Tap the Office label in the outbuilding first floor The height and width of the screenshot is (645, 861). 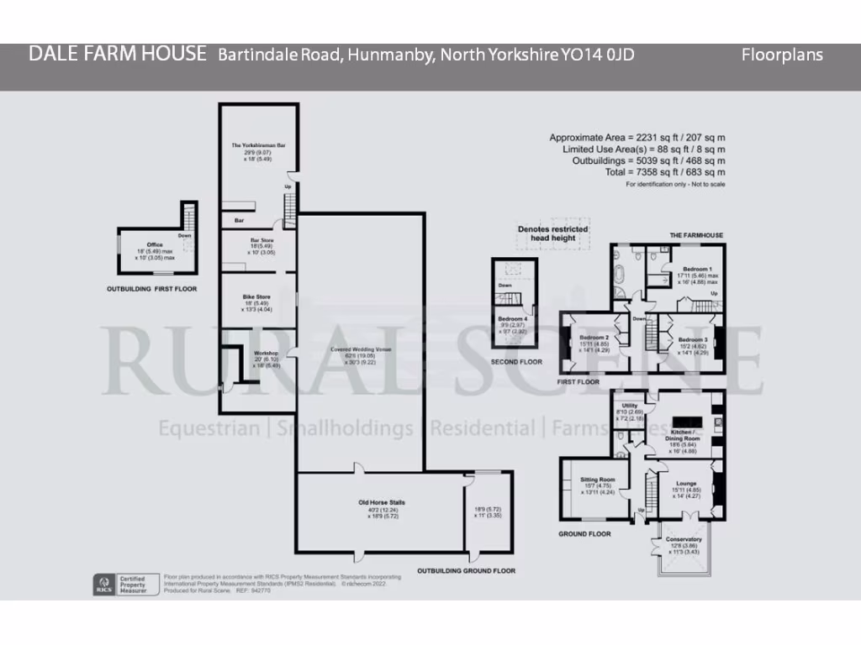click(x=155, y=245)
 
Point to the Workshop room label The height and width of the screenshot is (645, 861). click(x=266, y=354)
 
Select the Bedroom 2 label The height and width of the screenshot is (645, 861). click(x=594, y=337)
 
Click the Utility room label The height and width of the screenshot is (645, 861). click(x=630, y=406)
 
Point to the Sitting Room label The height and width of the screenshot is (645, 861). click(x=598, y=480)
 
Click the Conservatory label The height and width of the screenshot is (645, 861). click(x=684, y=539)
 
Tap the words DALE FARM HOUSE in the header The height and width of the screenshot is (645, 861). click(x=117, y=55)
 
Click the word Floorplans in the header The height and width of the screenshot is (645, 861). click(x=782, y=55)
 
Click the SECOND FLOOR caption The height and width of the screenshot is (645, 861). click(x=516, y=362)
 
